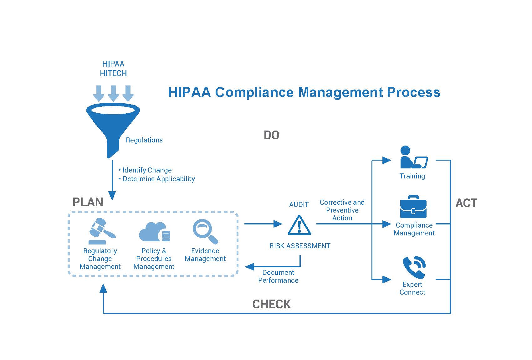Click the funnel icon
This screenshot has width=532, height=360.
click(113, 126)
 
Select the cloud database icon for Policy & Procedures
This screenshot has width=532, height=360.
click(154, 232)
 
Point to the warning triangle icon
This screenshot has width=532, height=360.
click(299, 225)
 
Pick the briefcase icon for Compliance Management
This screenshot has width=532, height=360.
click(413, 207)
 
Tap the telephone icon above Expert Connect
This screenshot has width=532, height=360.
click(414, 267)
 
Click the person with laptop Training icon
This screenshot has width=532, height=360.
click(414, 157)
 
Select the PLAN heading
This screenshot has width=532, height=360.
click(88, 202)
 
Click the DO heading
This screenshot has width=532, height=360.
click(271, 135)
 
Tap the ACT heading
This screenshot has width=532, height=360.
click(466, 203)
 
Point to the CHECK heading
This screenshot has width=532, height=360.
click(271, 304)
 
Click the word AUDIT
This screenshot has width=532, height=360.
click(299, 205)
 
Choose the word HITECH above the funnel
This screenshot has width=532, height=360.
click(113, 73)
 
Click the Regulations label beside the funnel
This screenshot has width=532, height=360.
click(144, 140)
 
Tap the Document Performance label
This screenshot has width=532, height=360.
click(278, 276)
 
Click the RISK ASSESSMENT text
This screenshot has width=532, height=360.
click(300, 246)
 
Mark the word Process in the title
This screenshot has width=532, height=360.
click(413, 92)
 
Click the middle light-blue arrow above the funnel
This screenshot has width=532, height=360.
click(113, 93)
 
